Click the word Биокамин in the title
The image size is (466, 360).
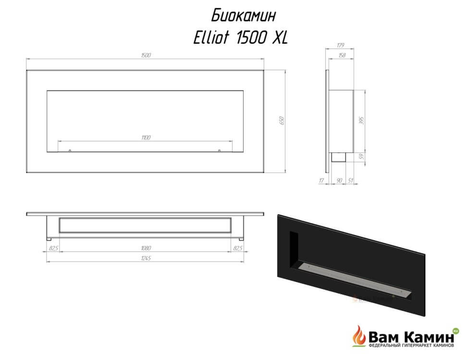pyautogui.click(x=244, y=15)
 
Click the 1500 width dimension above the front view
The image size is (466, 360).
pyautogui.click(x=146, y=55)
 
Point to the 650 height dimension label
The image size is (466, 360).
pyautogui.click(x=282, y=120)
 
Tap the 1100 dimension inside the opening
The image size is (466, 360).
pyautogui.click(x=146, y=137)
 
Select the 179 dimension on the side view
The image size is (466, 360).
pyautogui.click(x=341, y=45)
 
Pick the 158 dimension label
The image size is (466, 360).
pyautogui.click(x=342, y=55)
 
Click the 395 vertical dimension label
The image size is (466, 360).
pyautogui.click(x=361, y=120)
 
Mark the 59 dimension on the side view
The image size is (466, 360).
pyautogui.click(x=361, y=156)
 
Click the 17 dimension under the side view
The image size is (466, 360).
pyautogui.click(x=321, y=180)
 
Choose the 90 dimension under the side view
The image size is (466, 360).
pyautogui.click(x=339, y=180)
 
